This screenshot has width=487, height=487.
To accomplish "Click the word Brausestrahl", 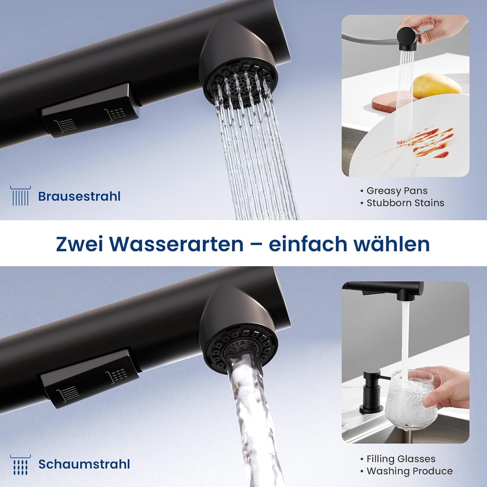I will click(79, 196).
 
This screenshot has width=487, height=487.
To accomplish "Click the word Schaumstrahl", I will click(84, 464).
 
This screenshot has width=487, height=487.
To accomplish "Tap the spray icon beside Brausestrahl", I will click(20, 196).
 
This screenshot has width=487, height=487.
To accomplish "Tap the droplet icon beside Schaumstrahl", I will click(20, 465).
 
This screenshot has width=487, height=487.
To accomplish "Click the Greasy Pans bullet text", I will click(397, 191).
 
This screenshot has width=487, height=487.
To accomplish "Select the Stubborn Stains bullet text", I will click(405, 203).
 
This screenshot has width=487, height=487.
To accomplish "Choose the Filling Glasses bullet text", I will click(401, 459).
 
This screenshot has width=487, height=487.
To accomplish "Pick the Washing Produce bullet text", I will click(409, 471).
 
